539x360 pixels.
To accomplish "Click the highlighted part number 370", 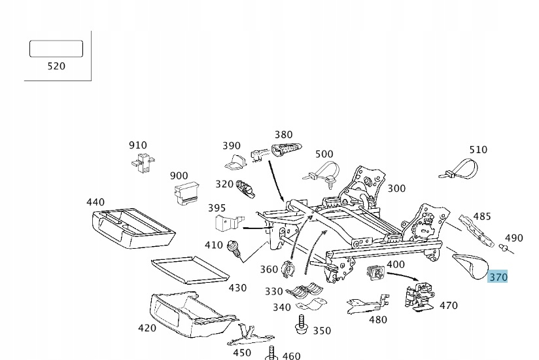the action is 498,277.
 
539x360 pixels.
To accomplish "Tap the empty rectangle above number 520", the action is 56,48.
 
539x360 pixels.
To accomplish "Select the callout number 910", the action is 138,145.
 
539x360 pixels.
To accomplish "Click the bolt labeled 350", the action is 302,324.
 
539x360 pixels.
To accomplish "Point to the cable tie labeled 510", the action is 459,169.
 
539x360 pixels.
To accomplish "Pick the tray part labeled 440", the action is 133,228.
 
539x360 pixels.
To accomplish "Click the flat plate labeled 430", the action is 190,270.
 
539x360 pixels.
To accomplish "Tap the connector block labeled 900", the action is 187,194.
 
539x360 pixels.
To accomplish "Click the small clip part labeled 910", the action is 143,162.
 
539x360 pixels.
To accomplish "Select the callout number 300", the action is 396,189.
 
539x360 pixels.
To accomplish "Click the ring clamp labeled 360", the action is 288,269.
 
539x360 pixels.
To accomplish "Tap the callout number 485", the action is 482,216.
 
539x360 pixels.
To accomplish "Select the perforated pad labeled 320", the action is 245,189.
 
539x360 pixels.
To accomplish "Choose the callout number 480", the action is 378,320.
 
